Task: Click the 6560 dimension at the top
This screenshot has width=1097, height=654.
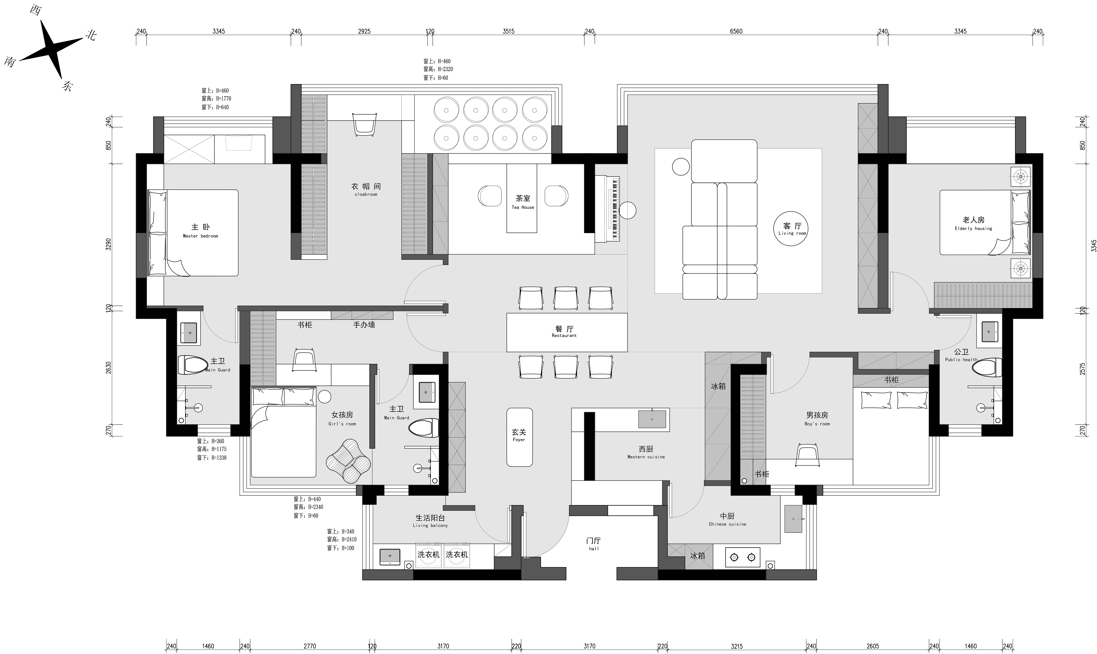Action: click(x=736, y=31)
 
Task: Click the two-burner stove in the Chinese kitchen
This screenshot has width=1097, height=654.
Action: click(x=743, y=557)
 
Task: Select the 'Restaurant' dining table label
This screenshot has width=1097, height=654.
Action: click(x=564, y=331)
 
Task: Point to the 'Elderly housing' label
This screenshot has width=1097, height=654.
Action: click(x=974, y=223)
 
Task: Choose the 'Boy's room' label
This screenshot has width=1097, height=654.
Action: click(x=817, y=419)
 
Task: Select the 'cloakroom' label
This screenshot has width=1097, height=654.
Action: click(x=366, y=190)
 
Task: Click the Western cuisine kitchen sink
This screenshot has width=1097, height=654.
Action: click(x=653, y=419)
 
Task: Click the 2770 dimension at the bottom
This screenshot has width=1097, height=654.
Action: click(x=310, y=646)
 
